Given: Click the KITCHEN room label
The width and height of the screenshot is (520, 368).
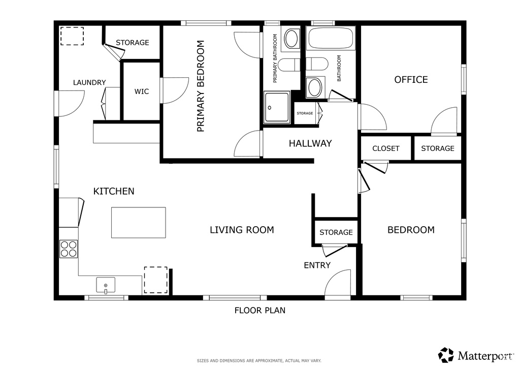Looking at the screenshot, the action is pos(114,191).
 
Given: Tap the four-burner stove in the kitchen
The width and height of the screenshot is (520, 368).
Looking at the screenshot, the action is pos(69,249).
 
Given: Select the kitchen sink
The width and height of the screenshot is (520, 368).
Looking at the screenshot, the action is pos(106,285).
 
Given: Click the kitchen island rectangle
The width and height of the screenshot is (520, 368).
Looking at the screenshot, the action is pos(138,222).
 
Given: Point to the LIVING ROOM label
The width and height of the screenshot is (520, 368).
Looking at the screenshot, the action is pos(242,230).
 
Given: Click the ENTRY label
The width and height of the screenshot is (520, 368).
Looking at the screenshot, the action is pos(317,265).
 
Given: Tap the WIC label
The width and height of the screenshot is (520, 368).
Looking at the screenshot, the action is pos(142,91).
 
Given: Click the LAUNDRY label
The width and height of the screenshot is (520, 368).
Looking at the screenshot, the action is pos(89,82).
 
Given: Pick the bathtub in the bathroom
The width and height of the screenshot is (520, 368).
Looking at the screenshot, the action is pos(331,39).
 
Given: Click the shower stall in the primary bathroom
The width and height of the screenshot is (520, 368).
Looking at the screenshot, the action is pos(277,107).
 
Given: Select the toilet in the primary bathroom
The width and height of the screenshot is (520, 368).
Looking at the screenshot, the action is pos(289,65).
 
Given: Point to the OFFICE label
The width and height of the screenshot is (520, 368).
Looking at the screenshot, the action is pos(411,80).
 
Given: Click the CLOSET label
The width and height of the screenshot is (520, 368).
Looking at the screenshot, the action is pos(386,148).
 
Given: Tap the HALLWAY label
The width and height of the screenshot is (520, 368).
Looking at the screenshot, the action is pos(310,143).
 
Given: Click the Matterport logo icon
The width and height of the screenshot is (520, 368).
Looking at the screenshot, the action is pos(446,355).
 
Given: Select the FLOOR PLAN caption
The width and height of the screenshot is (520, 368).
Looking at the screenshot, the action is pos(259,310).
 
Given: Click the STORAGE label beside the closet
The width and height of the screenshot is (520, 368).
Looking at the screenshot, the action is pos(437,148).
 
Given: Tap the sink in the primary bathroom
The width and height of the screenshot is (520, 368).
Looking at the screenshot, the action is pos(291,39).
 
